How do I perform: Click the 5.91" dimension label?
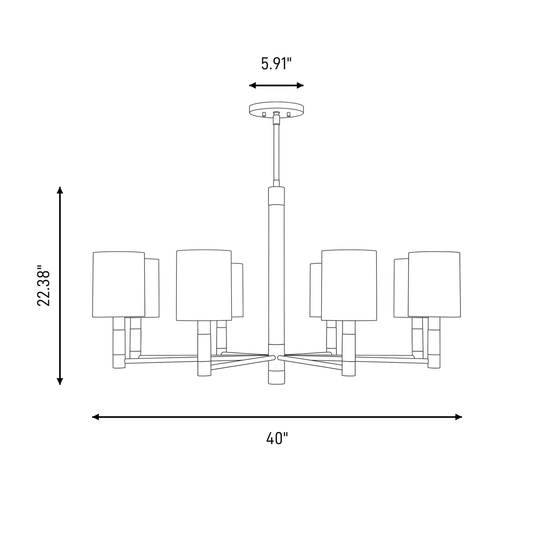pos(276,64)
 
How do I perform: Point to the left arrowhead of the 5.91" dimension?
pos(252,85)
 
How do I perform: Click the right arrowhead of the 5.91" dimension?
pos(300,85)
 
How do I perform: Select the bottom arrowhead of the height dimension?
pos(60,381)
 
